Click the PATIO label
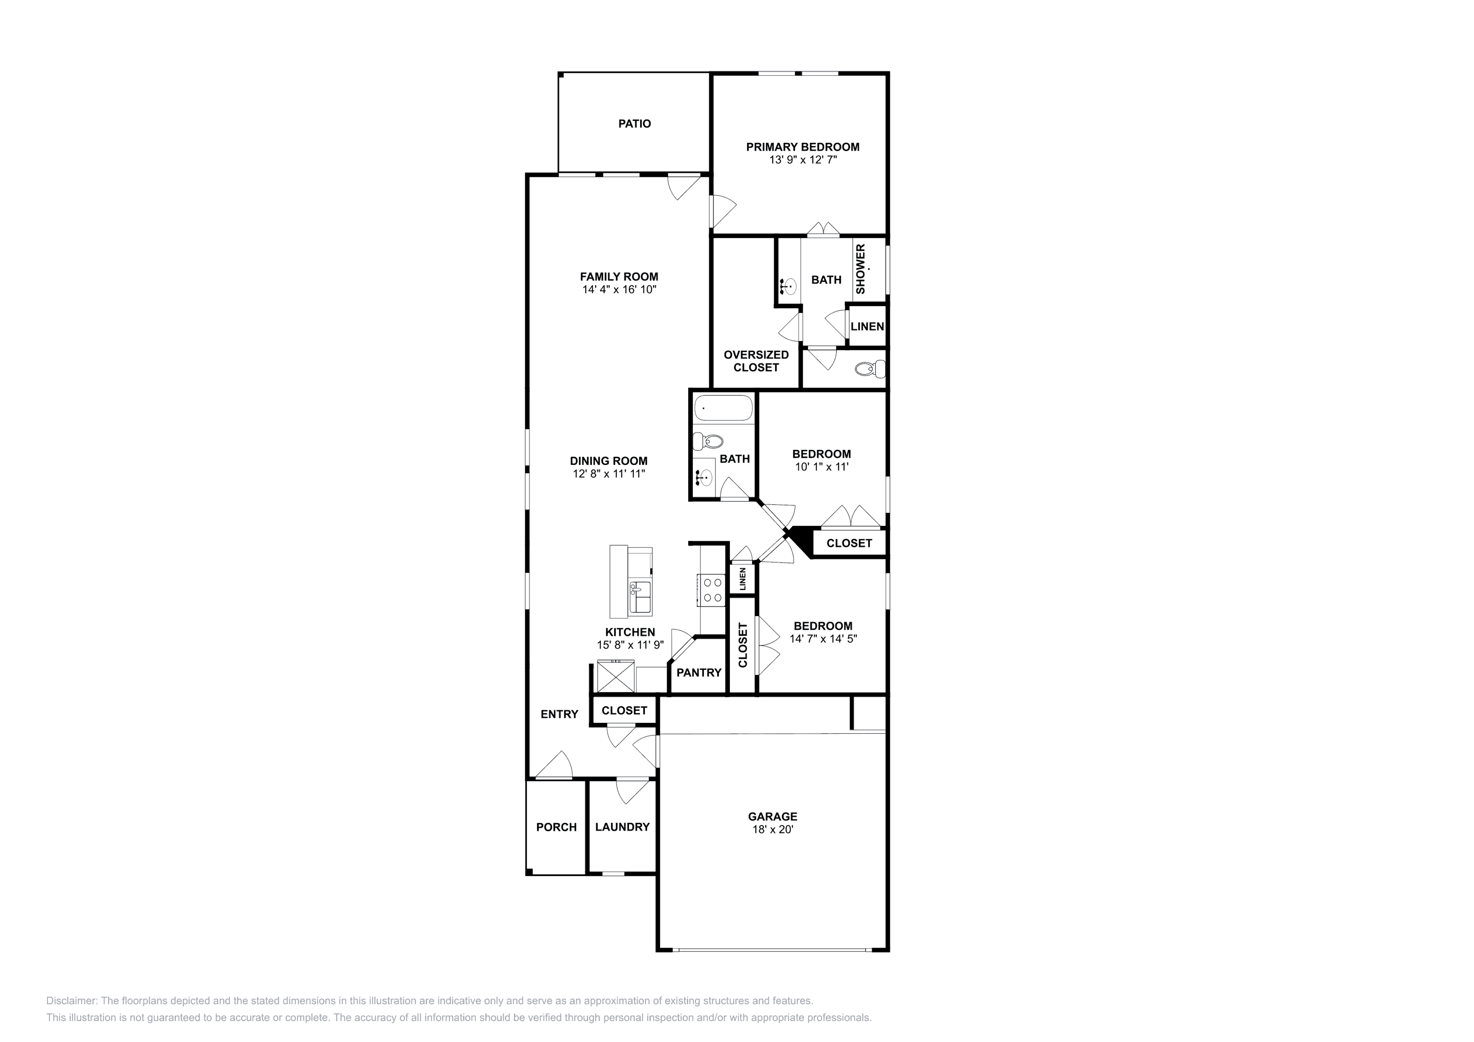click(634, 124)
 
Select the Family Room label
click(619, 277)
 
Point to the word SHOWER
click(860, 269)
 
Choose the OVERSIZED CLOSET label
click(756, 361)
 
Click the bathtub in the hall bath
click(723, 409)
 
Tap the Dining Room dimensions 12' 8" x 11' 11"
click(609, 474)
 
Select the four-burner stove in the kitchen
click(711, 590)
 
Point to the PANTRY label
click(699, 673)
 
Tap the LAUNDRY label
click(622, 827)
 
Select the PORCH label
click(556, 827)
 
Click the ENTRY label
click(559, 714)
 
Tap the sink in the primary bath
click(789, 286)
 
